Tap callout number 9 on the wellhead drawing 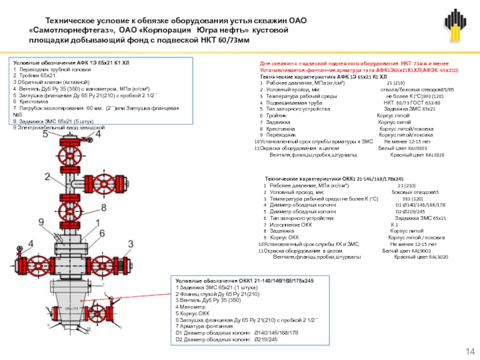41,222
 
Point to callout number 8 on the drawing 104,208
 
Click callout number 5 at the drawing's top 46,134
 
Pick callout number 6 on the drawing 103,232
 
